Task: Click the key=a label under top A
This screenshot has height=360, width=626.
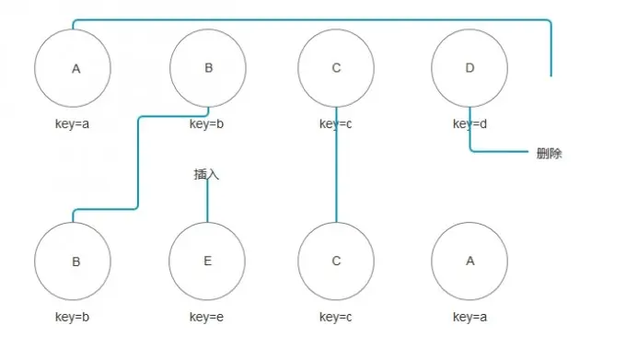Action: pos(72,124)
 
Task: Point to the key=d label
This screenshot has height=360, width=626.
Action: pos(469,124)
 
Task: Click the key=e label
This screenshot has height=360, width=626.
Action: pos(206,318)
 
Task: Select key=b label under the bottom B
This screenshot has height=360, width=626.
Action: pos(72,318)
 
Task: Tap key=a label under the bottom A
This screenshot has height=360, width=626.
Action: pos(469,318)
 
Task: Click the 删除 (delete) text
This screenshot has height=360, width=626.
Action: pos(549,154)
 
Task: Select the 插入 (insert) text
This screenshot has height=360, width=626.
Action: pos(206,174)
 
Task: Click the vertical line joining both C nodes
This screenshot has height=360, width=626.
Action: pos(336,165)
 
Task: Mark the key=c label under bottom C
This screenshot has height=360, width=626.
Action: pos(336,318)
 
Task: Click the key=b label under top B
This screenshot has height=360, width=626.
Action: pos(206,124)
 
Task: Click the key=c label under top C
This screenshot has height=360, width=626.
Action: pos(336,124)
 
